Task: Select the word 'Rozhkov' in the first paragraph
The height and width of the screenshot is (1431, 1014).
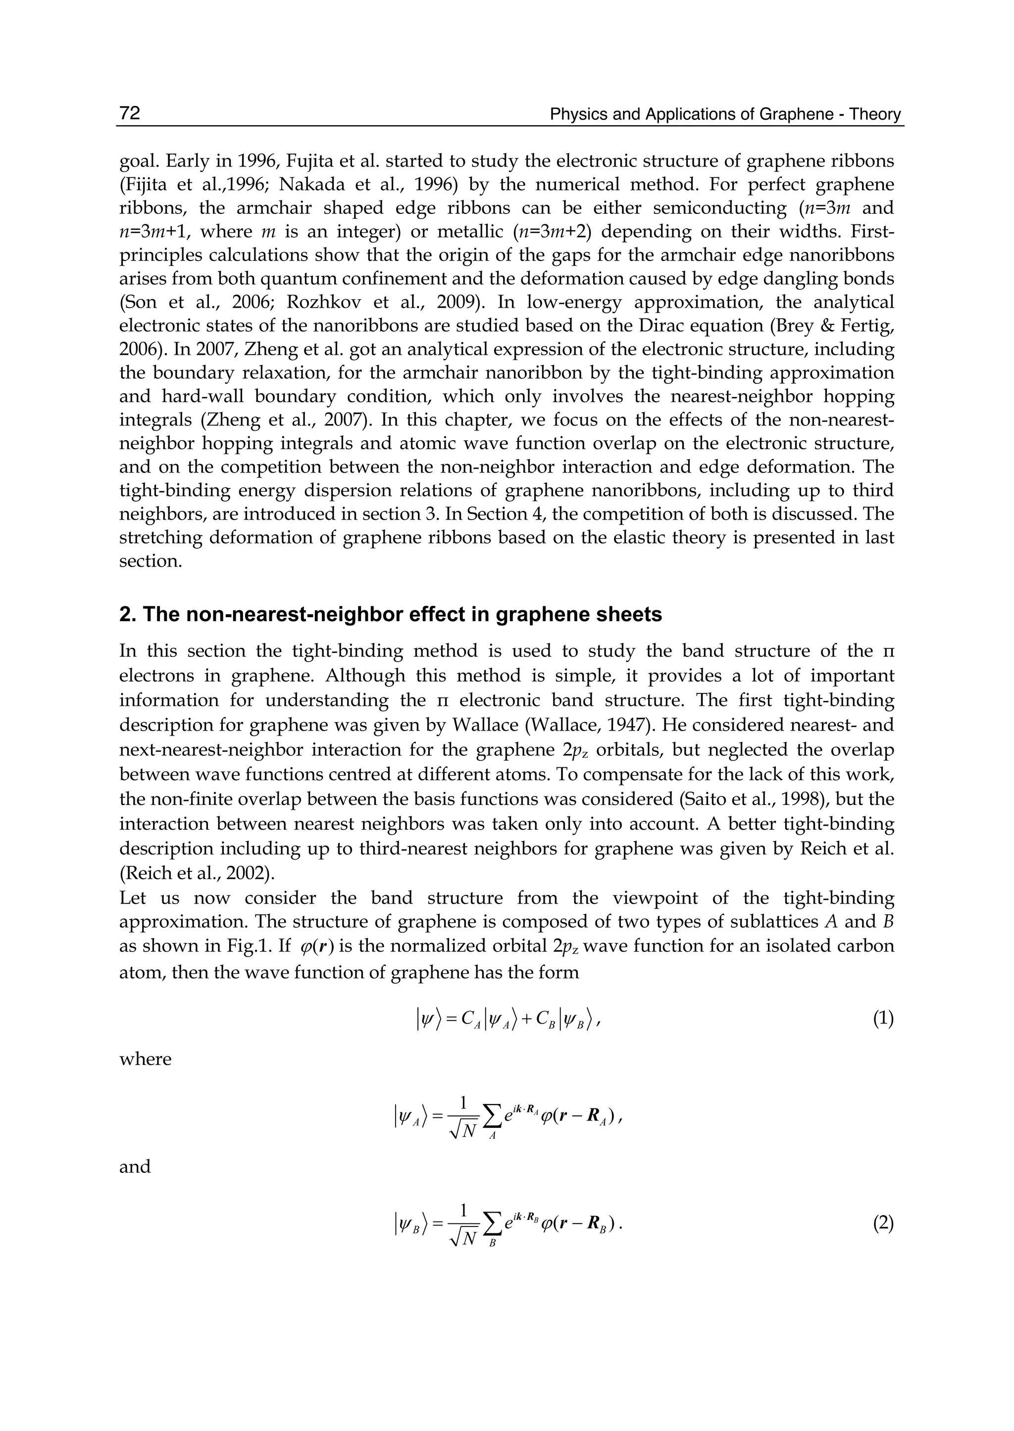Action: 321,302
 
